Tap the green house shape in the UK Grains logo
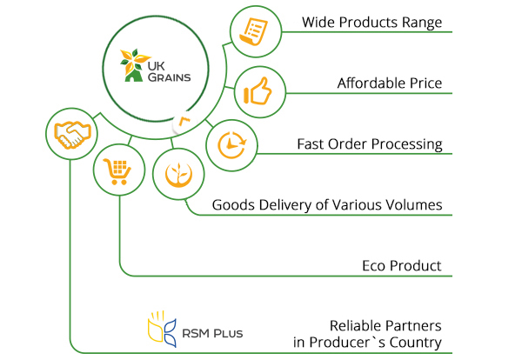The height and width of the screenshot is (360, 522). point(133,77)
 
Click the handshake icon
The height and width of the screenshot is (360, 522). point(70,133)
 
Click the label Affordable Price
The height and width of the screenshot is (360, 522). point(390,83)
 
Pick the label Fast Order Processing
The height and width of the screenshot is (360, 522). point(369,143)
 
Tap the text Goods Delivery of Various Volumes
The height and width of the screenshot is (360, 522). point(327,205)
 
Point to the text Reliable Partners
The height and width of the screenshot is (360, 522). point(385,323)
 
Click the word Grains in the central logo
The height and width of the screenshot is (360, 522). point(166,77)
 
